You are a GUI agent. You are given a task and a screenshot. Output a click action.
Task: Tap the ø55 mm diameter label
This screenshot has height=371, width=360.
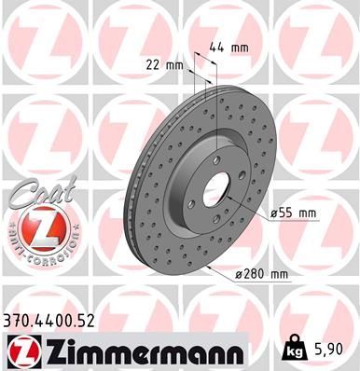295,213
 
